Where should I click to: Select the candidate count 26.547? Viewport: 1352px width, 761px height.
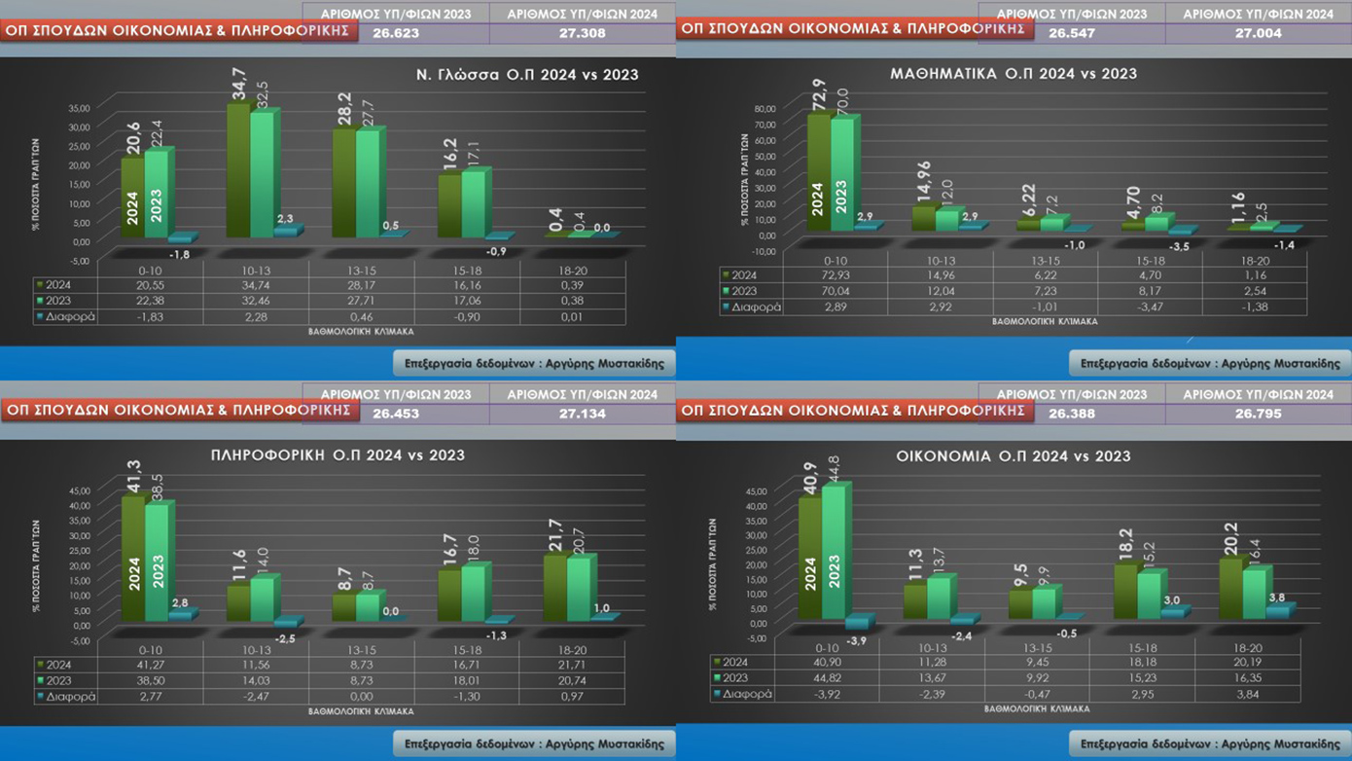coord(1070,33)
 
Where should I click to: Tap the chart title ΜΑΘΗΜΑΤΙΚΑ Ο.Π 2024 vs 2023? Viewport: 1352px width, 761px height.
coord(1014,73)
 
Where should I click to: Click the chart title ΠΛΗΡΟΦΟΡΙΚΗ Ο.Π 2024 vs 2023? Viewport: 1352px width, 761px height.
coord(338,454)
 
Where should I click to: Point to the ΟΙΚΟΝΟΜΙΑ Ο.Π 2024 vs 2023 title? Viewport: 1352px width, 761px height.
coord(1014,455)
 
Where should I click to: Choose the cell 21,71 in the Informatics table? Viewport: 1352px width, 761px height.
coord(572,665)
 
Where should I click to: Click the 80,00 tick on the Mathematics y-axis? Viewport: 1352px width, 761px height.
coord(765,109)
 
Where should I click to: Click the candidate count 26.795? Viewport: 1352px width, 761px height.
coord(1258,414)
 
